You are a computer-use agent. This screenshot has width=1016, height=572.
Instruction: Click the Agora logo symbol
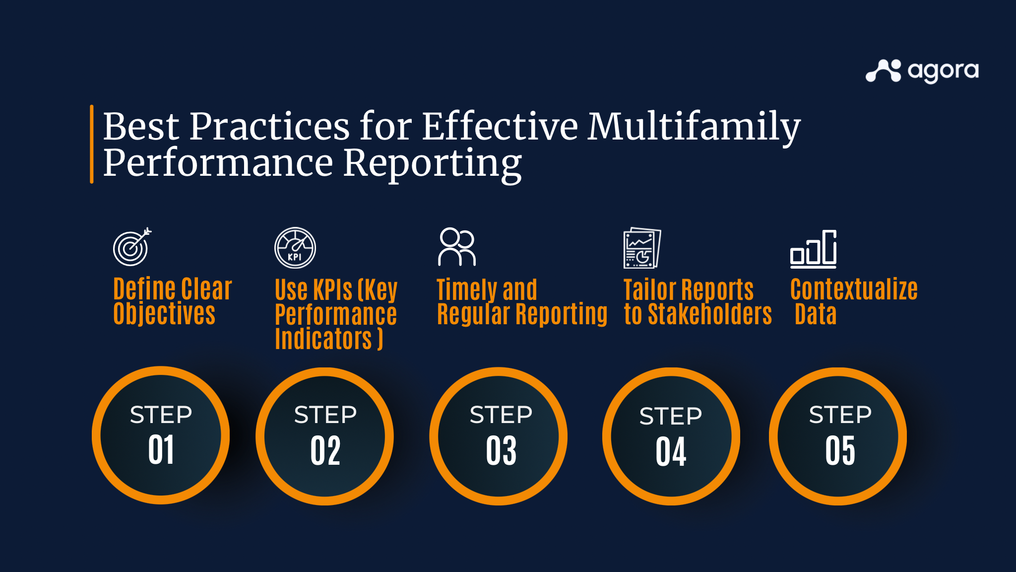pyautogui.click(x=883, y=71)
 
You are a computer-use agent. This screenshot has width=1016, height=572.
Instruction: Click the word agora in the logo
pyautogui.click(x=943, y=72)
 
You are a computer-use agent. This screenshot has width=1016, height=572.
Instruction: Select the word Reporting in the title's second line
pyautogui.click(x=432, y=164)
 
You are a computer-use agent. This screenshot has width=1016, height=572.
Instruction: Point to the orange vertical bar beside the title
pyautogui.click(x=92, y=144)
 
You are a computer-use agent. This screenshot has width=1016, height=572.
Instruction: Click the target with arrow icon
pyautogui.click(x=132, y=247)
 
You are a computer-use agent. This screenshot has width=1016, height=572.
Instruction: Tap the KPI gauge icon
pyautogui.click(x=295, y=248)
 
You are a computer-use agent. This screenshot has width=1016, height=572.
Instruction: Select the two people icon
pyautogui.click(x=457, y=247)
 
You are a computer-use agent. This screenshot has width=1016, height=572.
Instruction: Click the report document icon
pyautogui.click(x=642, y=248)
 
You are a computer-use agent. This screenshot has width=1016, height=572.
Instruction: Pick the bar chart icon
pyautogui.click(x=814, y=249)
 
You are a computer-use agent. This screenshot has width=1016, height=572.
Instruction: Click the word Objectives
pyautogui.click(x=164, y=314)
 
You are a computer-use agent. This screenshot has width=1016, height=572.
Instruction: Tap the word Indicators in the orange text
pyautogui.click(x=323, y=339)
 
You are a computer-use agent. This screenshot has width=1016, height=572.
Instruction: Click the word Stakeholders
pyautogui.click(x=710, y=314)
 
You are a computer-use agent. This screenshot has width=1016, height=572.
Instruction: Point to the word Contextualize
pyautogui.click(x=854, y=289)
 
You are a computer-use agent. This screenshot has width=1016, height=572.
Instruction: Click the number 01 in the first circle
pyautogui.click(x=161, y=450)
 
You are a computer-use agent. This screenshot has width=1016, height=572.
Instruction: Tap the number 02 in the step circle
pyautogui.click(x=325, y=451)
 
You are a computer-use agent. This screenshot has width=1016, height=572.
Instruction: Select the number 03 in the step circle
pyautogui.click(x=502, y=451)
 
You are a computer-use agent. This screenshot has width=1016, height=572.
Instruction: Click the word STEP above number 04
pyautogui.click(x=671, y=416)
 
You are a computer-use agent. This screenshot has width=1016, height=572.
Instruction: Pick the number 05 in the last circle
pyautogui.click(x=840, y=451)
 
